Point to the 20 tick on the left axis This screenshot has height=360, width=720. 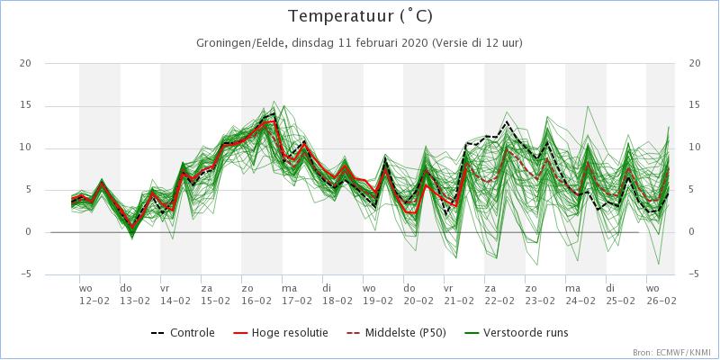[x=26, y=63]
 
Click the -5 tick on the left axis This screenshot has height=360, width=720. [x=26, y=274]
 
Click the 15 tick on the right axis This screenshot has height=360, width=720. [x=694, y=105]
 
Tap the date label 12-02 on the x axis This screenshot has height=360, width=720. [x=94, y=300]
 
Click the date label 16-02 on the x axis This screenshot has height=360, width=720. [x=256, y=300]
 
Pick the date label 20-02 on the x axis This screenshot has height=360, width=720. [x=418, y=300]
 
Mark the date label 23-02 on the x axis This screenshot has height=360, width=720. [x=540, y=300]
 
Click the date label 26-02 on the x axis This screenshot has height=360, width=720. [x=661, y=300]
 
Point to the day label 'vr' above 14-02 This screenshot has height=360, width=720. [x=165, y=289]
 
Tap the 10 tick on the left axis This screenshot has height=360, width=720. [x=26, y=148]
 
